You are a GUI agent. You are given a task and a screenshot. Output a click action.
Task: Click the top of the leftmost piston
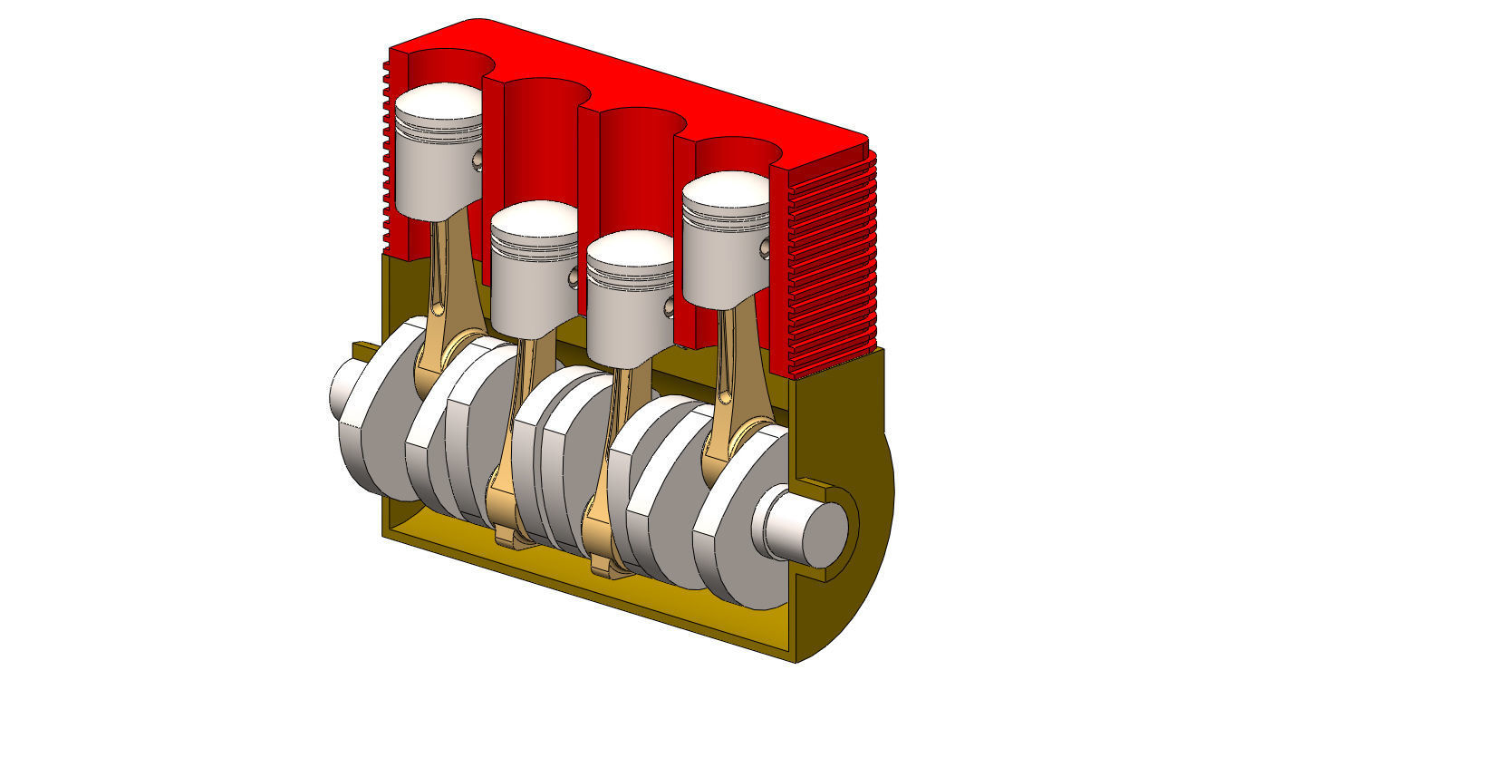click(x=439, y=102)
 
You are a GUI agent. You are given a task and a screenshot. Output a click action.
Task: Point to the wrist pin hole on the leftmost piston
click(x=477, y=160)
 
